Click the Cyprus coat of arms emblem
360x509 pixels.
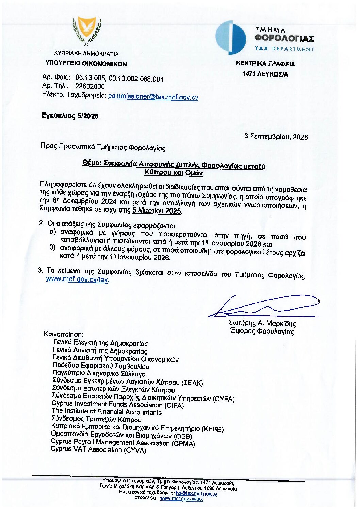click(x=87, y=31)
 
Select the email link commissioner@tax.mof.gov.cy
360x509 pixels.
click(x=153, y=97)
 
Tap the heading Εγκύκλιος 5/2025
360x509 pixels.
click(x=70, y=116)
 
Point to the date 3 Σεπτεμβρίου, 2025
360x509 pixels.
click(x=276, y=137)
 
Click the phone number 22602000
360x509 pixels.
click(x=90, y=86)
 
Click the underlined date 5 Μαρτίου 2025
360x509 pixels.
click(x=157, y=210)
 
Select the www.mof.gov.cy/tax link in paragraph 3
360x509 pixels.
click(x=77, y=279)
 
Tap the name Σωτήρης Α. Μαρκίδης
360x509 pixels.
click(x=262, y=323)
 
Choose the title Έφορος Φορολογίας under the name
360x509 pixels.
click(x=262, y=331)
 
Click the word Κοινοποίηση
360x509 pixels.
click(x=63, y=334)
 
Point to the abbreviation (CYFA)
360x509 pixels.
click(x=224, y=399)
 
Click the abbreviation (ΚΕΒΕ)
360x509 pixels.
click(x=213, y=429)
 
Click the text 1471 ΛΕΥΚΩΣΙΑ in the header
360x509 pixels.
click(x=265, y=74)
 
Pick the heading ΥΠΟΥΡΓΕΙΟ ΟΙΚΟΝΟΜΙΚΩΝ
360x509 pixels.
click(x=86, y=63)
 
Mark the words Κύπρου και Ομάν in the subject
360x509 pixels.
click(x=174, y=172)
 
